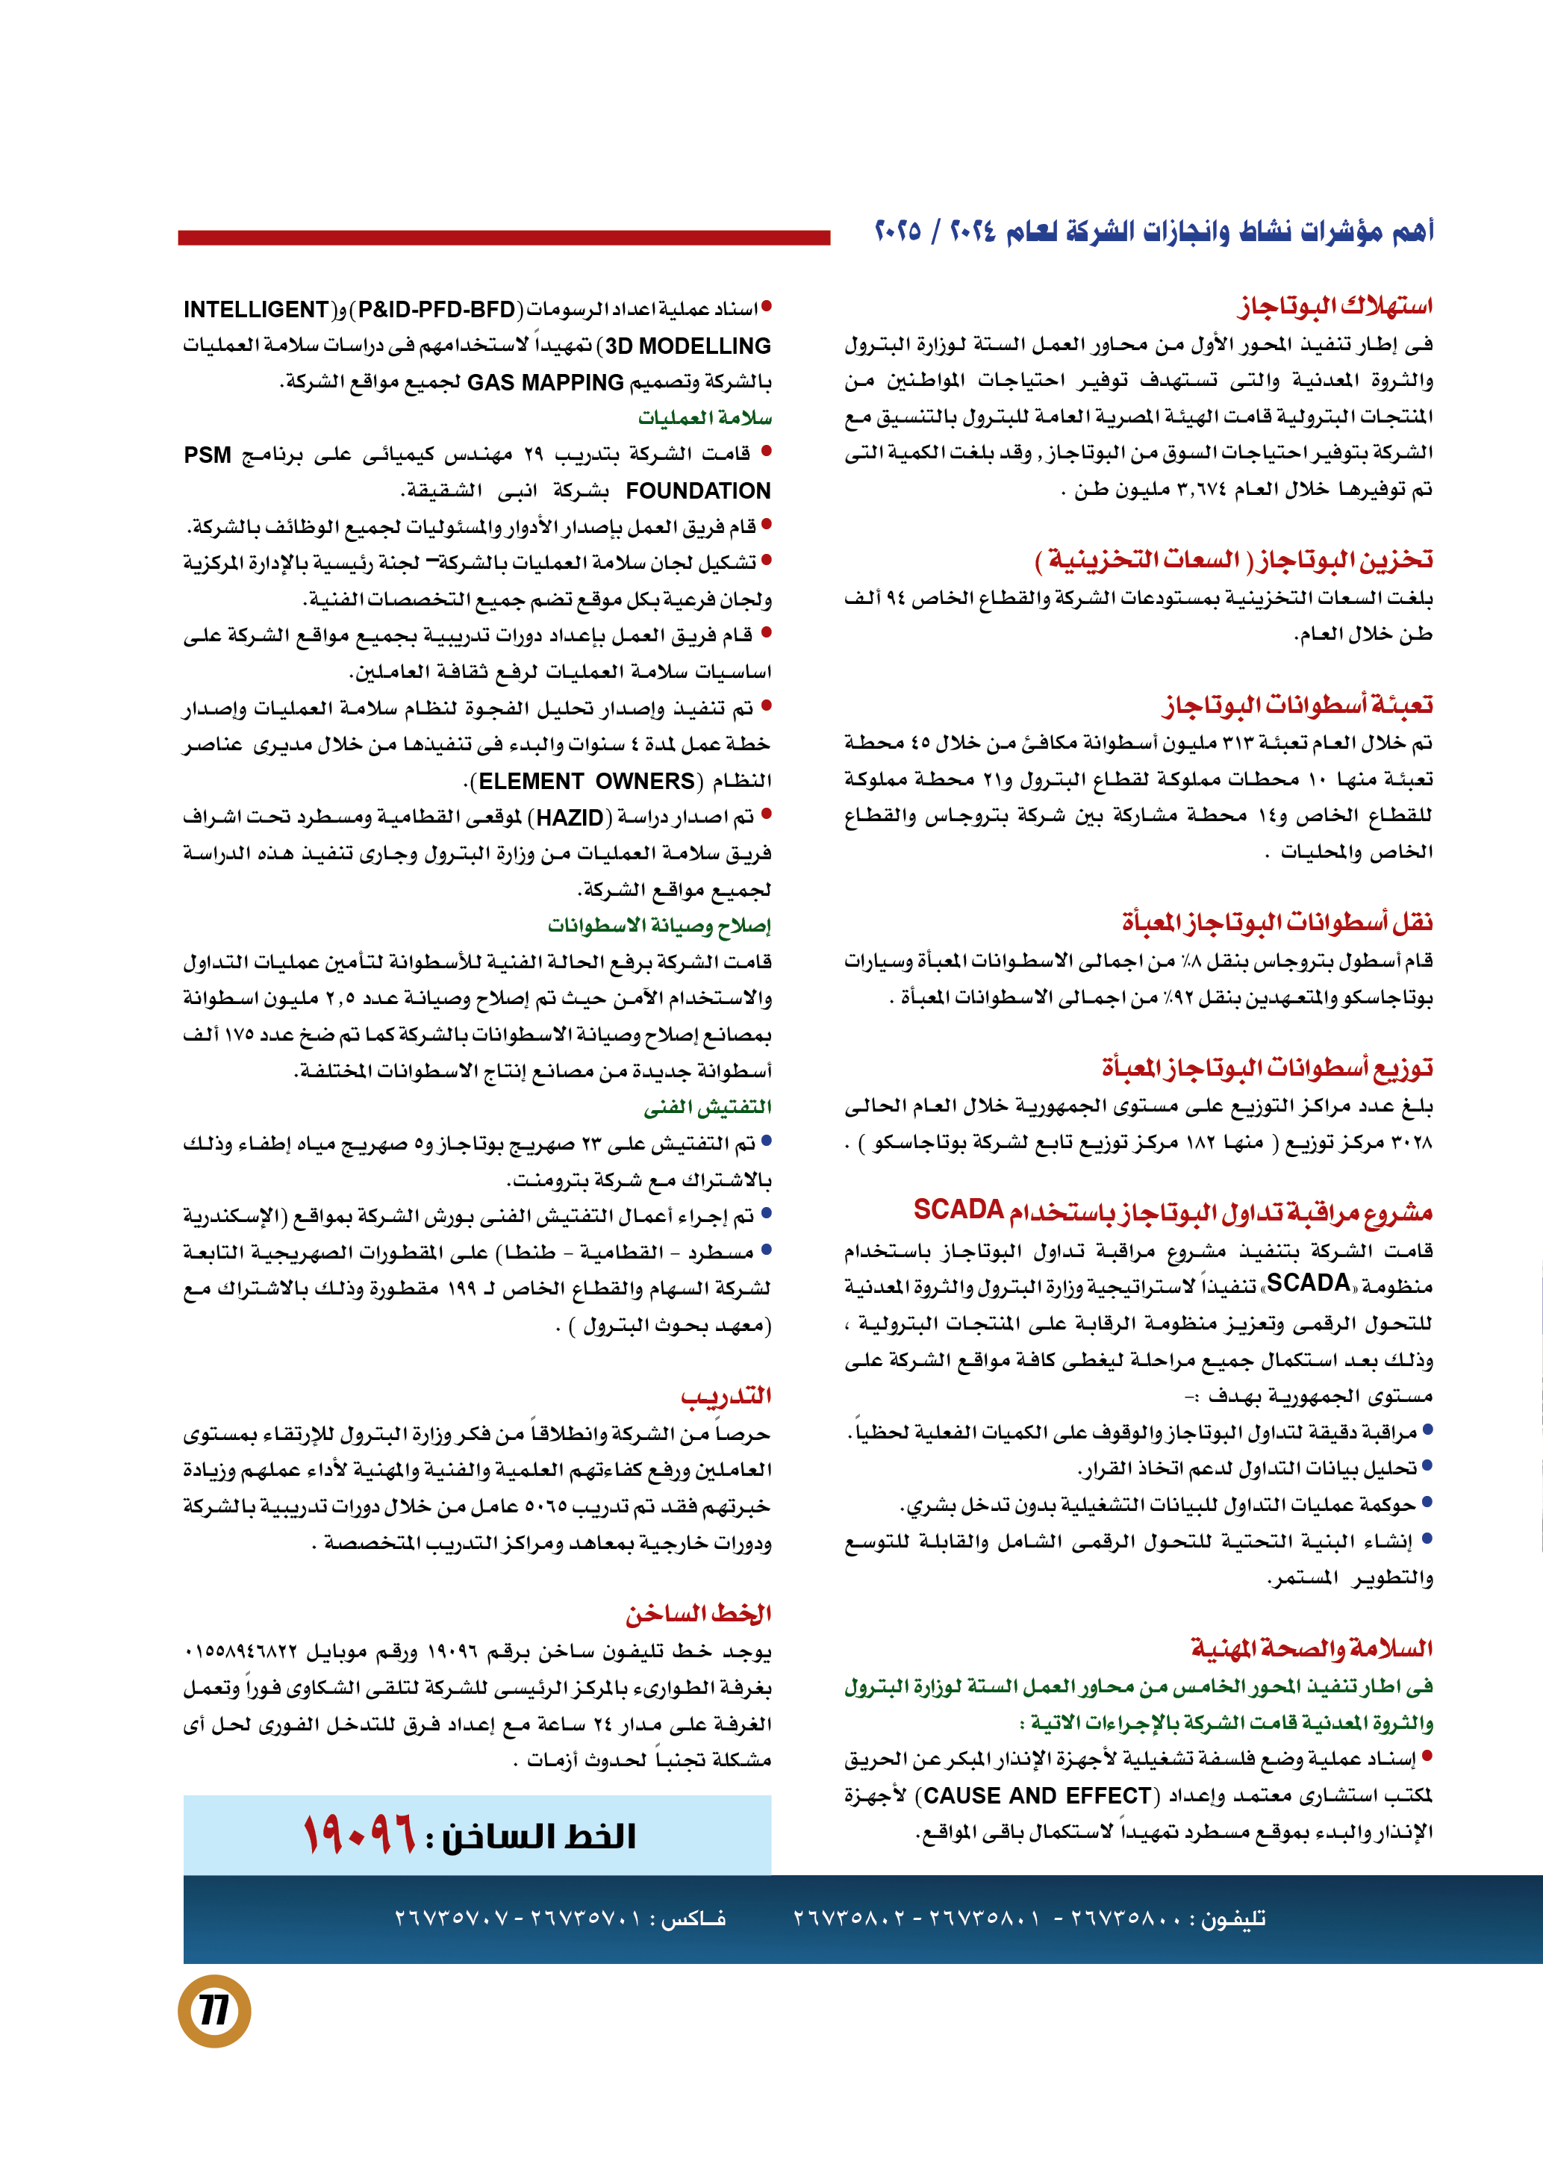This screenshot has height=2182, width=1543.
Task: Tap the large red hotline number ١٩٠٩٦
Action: [359, 1835]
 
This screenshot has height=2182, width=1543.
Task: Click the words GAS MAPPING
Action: [546, 382]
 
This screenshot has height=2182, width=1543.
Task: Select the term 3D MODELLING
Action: [688, 346]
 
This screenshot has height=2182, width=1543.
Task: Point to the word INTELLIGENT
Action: [257, 310]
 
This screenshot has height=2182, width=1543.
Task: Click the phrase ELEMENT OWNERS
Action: [587, 781]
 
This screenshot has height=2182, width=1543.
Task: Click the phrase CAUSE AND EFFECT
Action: [1038, 1795]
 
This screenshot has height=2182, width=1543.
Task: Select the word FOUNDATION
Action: [698, 490]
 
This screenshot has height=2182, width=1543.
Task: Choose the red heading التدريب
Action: [726, 1395]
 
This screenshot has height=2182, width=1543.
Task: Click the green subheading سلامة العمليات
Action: [705, 418]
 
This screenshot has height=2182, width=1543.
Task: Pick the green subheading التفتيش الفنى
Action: [708, 1106]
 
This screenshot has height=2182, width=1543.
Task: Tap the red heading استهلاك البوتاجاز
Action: [1335, 306]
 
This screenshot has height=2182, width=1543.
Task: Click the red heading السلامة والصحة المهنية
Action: [1312, 1648]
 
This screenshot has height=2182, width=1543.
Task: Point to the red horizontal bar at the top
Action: [504, 237]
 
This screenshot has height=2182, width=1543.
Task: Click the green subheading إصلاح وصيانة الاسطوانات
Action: [659, 925]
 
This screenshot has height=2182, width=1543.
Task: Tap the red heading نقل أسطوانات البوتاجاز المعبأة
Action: [1277, 921]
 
